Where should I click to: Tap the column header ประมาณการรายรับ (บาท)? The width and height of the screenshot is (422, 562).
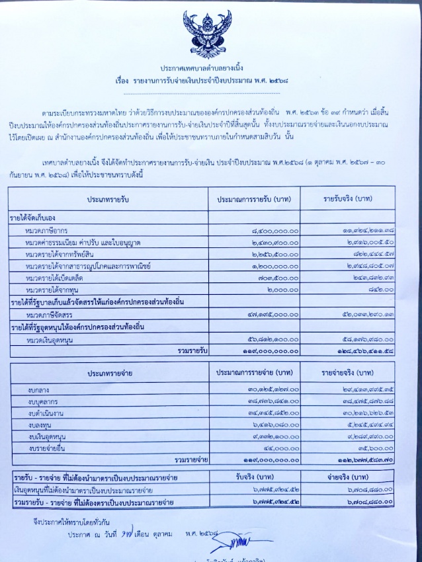[x=254, y=198]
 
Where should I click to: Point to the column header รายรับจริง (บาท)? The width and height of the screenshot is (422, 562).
[x=347, y=198]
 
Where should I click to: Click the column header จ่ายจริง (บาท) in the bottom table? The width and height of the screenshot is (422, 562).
[x=347, y=477]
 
